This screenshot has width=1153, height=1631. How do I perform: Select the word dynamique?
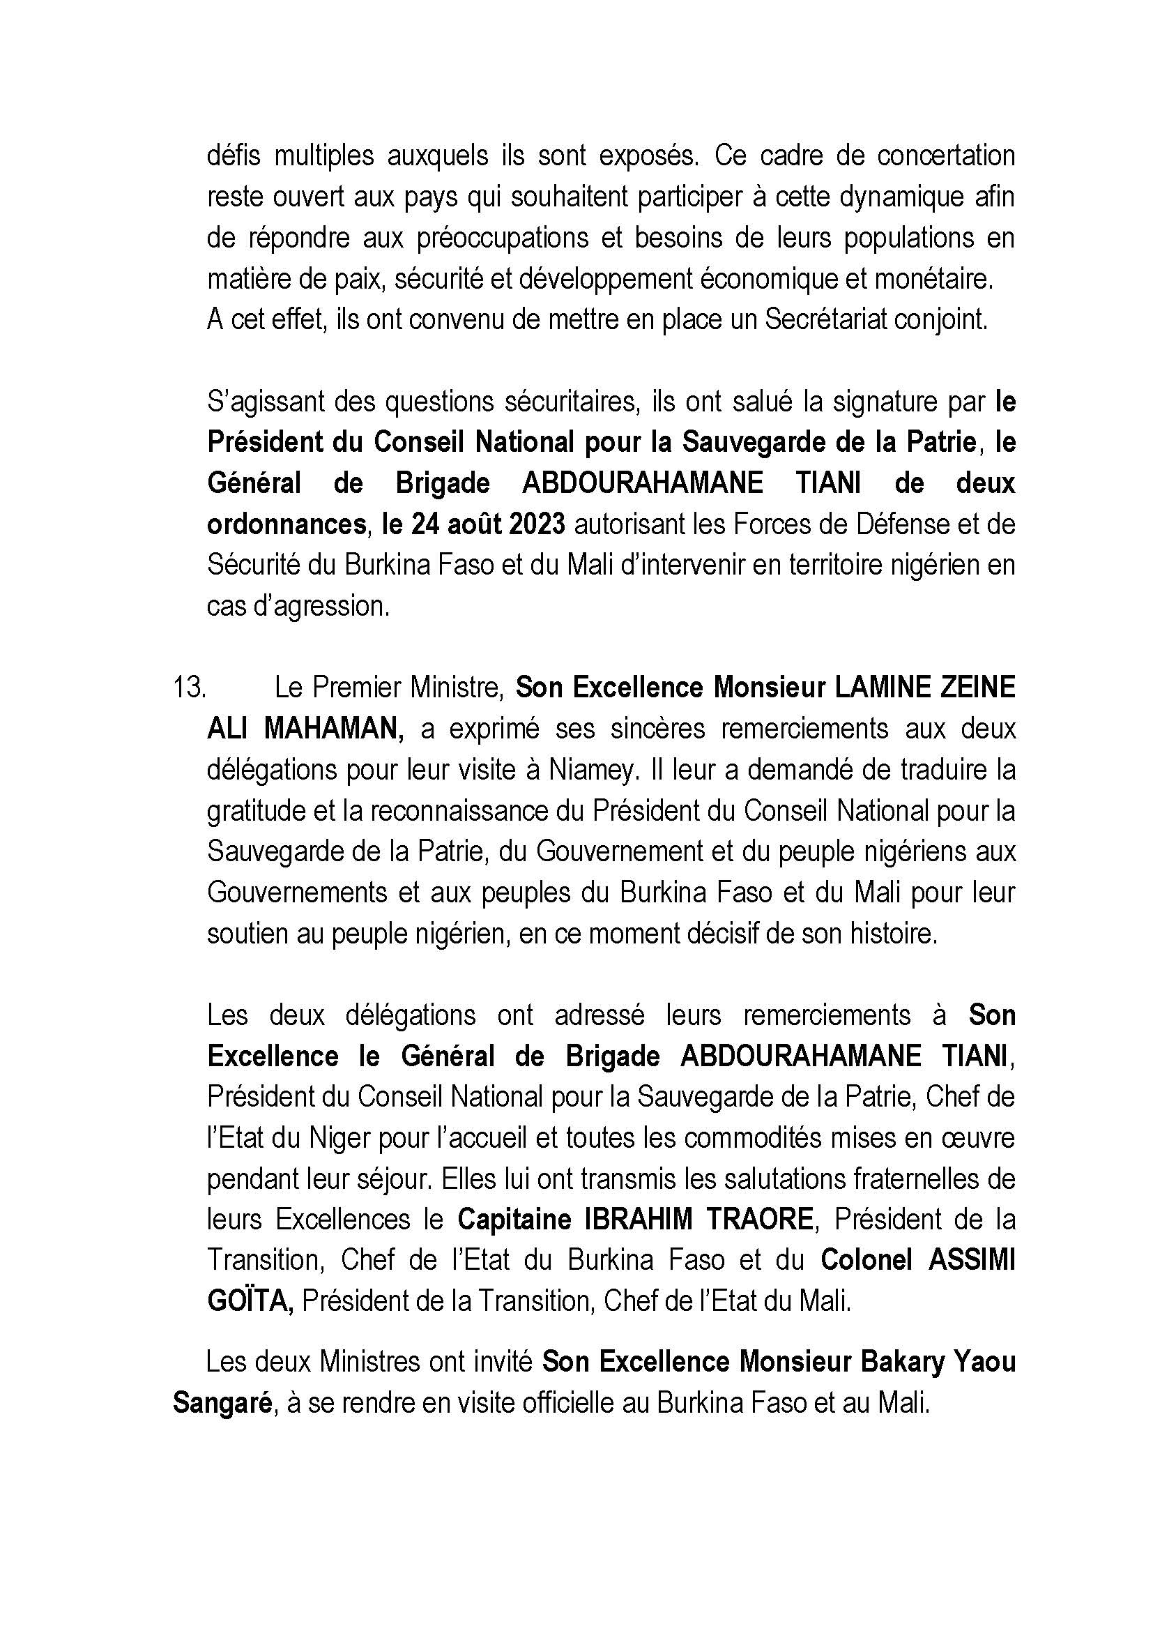click(x=897, y=197)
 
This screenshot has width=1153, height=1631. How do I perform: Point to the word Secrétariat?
click(x=825, y=320)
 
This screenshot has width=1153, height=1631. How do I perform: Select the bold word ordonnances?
click(x=286, y=525)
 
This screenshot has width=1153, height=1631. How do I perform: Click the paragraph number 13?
click(x=189, y=688)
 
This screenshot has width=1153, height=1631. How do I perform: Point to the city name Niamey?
click(x=590, y=770)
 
